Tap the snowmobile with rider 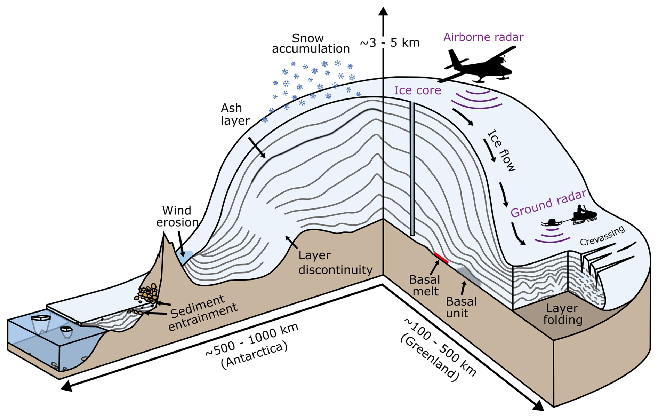[x=584, y=215]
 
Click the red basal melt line [x=441, y=258]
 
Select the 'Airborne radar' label [x=483, y=37]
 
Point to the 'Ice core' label [x=417, y=90]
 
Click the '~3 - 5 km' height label [x=390, y=43]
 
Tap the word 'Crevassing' [x=602, y=236]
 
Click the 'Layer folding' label [x=562, y=314]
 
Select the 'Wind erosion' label [x=177, y=216]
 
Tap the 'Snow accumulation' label [x=310, y=44]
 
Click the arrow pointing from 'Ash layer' [x=257, y=148]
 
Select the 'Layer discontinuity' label [x=335, y=262]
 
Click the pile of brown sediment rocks [x=148, y=293]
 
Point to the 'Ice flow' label [x=501, y=150]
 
